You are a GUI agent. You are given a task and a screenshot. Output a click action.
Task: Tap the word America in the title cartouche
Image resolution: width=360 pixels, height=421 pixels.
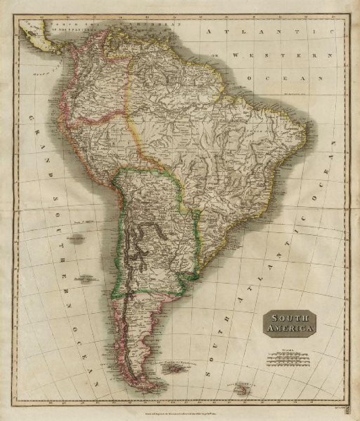pos(290,328)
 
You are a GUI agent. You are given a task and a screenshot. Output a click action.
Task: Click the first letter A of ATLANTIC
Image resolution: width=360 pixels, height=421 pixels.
pos(209,32)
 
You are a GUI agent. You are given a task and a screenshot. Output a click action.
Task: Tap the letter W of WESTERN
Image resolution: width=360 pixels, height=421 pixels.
pos(236,55)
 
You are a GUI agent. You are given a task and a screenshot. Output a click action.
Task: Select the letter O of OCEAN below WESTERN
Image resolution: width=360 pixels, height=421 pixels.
pos(249,78)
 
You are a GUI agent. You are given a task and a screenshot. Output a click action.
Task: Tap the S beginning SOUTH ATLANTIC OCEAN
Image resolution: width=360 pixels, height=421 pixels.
pos(209,372)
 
